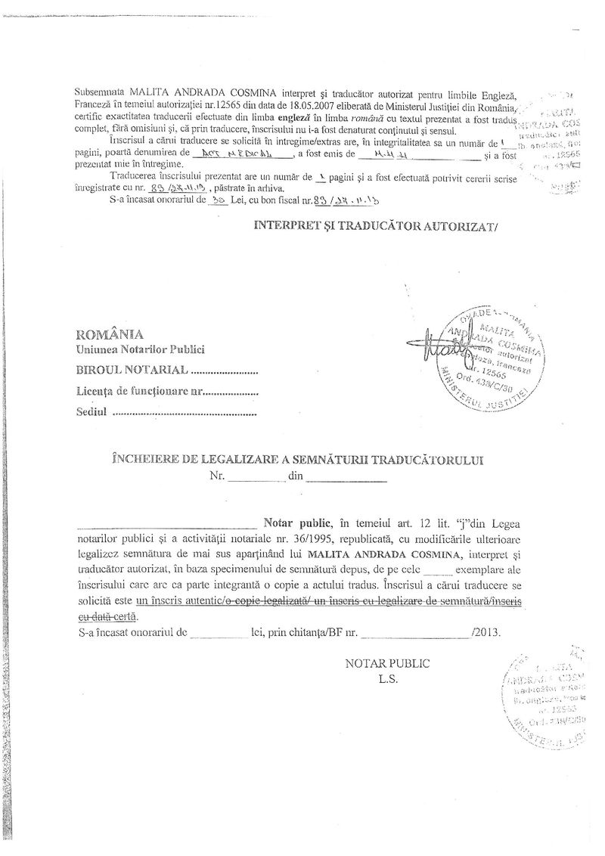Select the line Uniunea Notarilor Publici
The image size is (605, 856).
(x=139, y=350)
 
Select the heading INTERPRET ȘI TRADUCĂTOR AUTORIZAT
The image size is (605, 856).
(x=377, y=225)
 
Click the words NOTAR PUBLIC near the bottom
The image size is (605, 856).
(x=386, y=663)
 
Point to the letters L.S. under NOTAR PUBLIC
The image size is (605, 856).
(x=387, y=678)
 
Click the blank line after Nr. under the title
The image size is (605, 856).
(x=256, y=479)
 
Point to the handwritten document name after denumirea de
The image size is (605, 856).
(x=241, y=154)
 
